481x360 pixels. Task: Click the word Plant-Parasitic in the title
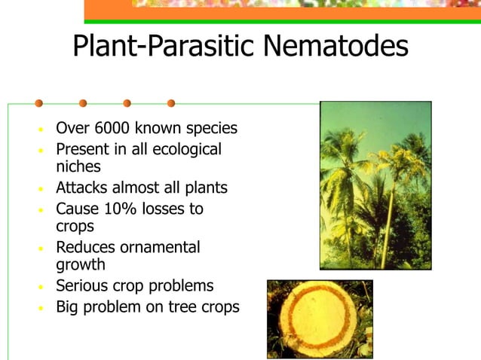(x=163, y=46)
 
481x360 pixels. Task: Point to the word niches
(x=78, y=166)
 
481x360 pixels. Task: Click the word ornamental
(x=163, y=247)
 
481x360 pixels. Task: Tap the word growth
(x=81, y=264)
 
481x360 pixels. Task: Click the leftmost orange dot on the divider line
(x=38, y=103)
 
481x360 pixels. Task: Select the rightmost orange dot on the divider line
(x=171, y=103)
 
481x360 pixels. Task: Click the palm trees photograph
(x=375, y=185)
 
